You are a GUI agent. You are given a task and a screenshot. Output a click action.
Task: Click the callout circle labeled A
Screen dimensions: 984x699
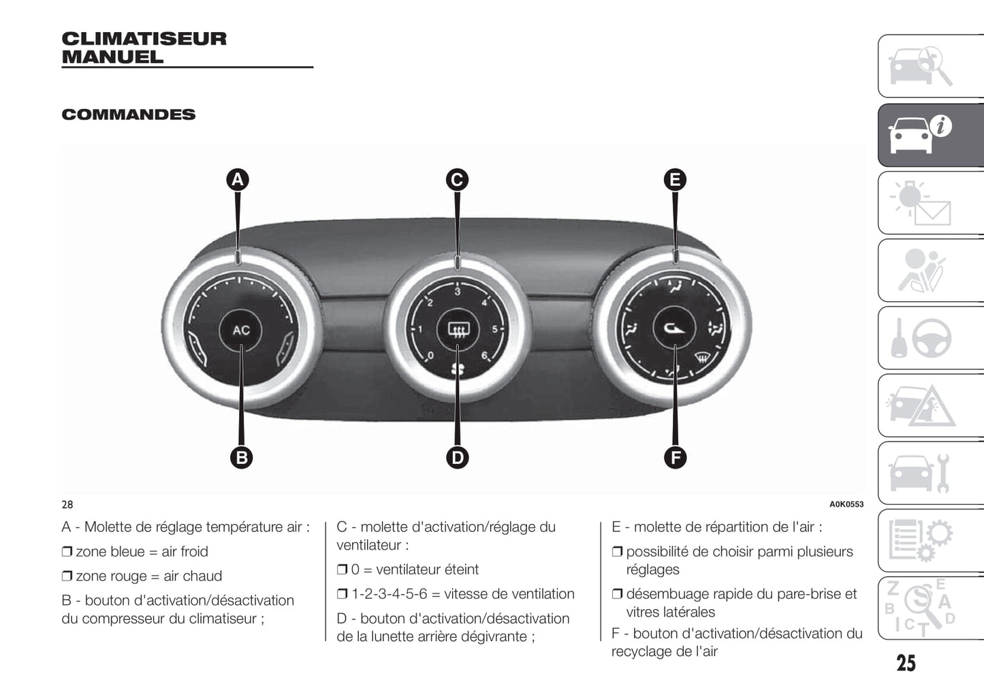tap(238, 180)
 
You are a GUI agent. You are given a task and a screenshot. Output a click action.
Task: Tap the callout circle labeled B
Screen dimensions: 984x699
tap(242, 458)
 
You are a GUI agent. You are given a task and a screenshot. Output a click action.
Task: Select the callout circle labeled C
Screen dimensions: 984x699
tap(458, 180)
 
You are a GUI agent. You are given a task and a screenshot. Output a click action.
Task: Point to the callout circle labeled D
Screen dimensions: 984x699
tap(458, 458)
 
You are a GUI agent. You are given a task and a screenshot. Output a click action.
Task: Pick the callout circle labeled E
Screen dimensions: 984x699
tap(676, 180)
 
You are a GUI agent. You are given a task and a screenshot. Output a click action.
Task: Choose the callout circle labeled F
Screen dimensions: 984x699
tap(676, 458)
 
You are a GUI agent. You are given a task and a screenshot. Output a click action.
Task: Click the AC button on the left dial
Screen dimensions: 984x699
tap(241, 330)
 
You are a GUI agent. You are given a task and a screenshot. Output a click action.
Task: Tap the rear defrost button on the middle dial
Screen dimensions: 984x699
tap(458, 329)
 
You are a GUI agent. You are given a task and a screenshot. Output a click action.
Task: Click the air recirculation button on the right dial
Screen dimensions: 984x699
tap(674, 328)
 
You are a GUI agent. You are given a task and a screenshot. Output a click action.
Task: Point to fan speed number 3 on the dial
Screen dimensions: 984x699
tap(458, 292)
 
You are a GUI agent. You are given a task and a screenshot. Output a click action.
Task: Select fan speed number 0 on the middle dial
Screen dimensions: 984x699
tap(431, 355)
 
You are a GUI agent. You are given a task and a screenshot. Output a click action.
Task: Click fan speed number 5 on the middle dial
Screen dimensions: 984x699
tap(494, 329)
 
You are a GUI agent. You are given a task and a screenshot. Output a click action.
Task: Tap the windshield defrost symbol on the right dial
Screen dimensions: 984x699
tap(702, 358)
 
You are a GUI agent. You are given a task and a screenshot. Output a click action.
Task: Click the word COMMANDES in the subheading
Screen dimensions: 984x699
tap(128, 114)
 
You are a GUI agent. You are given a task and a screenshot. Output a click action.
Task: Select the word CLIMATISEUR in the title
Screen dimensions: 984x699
tap(144, 39)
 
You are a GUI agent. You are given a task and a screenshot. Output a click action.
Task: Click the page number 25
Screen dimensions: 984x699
tap(906, 663)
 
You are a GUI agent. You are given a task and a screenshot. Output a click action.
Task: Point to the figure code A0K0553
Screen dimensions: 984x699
tap(846, 504)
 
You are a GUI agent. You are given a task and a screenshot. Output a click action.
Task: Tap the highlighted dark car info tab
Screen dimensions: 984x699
tap(931, 135)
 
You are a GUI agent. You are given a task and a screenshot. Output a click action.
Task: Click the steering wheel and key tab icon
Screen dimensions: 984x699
tap(931, 338)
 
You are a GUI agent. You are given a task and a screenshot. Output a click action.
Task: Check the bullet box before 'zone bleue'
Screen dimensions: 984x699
tap(67, 551)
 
